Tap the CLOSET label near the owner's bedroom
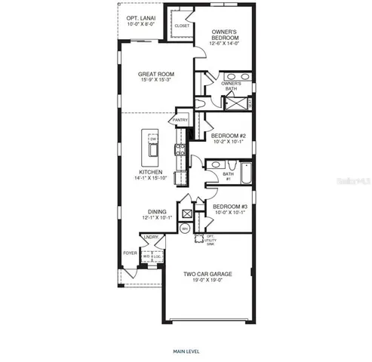[x=182, y=26]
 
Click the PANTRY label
[x=180, y=119]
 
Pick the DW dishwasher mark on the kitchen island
[x=152, y=140]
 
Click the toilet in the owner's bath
[x=202, y=102]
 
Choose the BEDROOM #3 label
[x=229, y=206]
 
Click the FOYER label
[x=131, y=253]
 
